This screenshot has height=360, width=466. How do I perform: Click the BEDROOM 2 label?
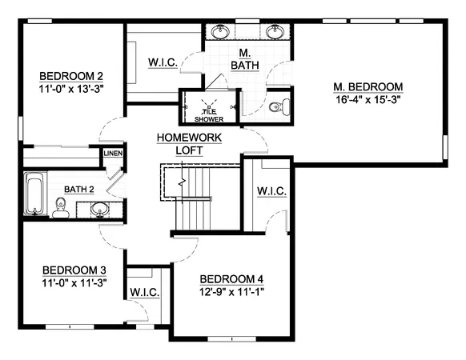click(71, 77)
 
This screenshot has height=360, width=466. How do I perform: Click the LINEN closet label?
click(113, 154)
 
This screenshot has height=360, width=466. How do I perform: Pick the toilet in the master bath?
click(276, 106)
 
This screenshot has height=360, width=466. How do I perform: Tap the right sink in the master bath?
click(275, 33)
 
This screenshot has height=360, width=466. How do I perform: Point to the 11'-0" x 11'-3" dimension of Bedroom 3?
click(74, 282)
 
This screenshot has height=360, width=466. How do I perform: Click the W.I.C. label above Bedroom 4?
click(272, 191)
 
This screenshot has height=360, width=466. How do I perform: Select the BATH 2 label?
click(79, 189)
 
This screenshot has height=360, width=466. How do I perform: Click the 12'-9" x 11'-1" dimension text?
click(231, 291)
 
